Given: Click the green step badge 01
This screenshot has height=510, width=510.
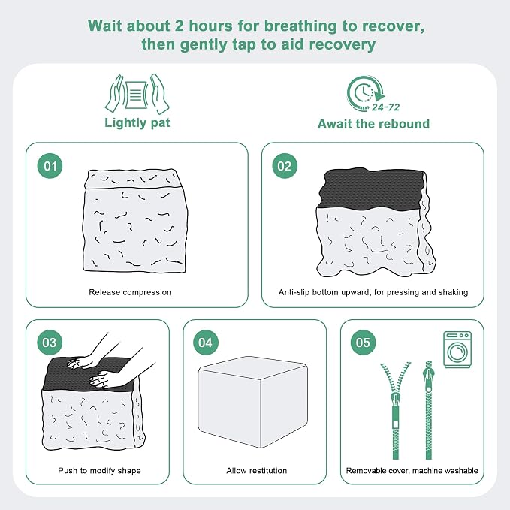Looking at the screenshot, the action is click(50, 166).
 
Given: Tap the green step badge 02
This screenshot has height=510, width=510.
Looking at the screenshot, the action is click(285, 166).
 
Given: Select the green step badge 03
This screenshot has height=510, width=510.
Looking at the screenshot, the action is click(50, 343).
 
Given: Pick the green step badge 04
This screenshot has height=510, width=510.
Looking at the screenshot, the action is click(206, 343).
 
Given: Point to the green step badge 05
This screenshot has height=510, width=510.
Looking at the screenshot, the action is click(363, 343).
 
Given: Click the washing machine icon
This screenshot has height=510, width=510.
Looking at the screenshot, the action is click(457, 350).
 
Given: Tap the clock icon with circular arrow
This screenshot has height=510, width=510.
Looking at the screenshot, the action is click(365, 93).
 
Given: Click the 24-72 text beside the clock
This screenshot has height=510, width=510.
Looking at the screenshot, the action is click(385, 107).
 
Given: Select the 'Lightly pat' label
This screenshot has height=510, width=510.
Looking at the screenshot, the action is click(137, 123).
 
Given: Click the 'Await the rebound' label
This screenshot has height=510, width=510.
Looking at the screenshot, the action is click(373, 124).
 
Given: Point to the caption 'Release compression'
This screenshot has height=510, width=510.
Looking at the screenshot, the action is click(130, 292).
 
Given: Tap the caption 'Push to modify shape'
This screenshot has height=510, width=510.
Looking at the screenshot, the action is click(100, 471).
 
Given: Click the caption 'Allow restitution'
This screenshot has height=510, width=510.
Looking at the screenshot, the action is click(257, 471).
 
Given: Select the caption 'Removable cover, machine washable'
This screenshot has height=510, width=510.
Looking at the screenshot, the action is click(412, 471).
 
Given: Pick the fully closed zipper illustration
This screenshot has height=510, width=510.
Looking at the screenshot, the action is click(429, 410).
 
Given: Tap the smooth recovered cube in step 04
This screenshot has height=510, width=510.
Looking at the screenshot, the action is click(252, 402).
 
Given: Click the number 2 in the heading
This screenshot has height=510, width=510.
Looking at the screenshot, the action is click(179, 26).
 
